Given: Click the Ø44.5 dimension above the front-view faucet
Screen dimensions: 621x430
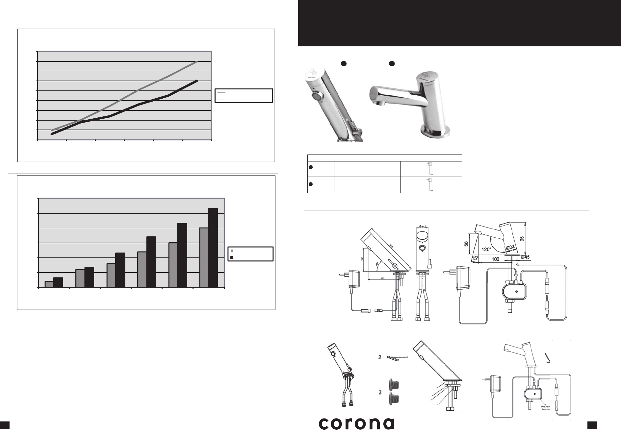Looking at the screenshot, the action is pos(422,226).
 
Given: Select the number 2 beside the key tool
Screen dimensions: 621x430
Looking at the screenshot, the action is pos(379,357).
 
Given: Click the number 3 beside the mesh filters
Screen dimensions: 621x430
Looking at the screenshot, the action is pos(380,393).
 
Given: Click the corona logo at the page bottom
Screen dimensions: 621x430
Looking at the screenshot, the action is pos(356,423).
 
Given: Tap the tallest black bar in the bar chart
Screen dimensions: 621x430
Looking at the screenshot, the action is pos(213,248).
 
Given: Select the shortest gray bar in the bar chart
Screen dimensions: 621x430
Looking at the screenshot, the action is pos(49,284).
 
